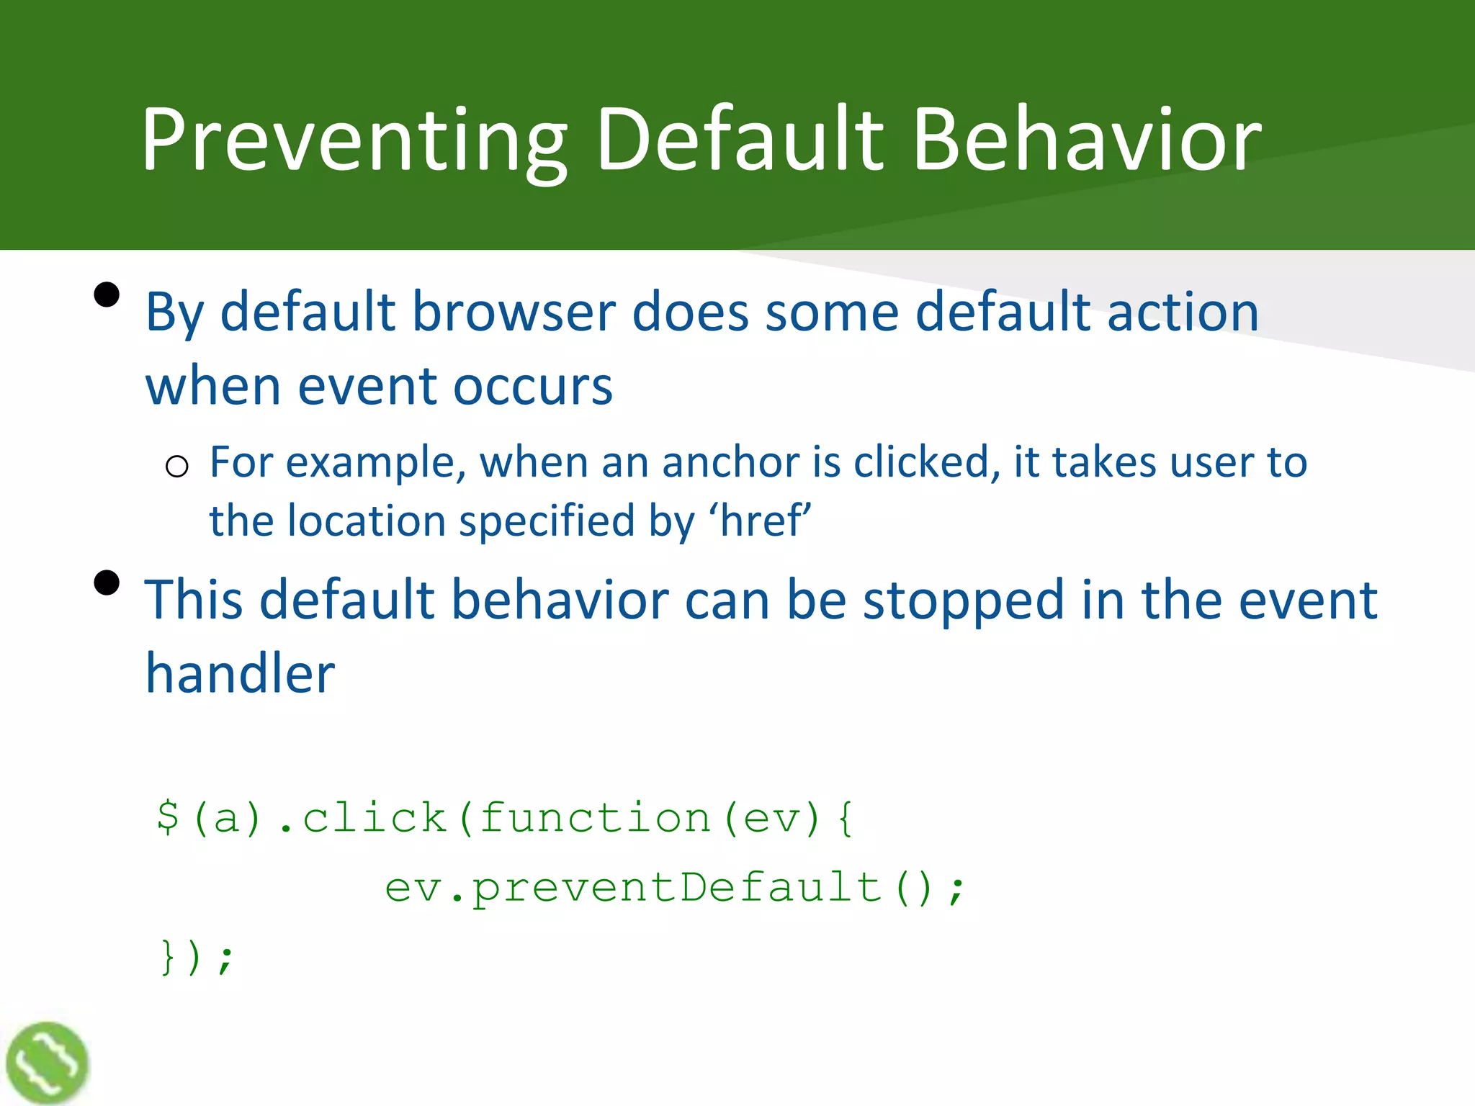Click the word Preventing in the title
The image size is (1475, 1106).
click(353, 140)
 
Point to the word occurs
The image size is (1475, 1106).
click(532, 387)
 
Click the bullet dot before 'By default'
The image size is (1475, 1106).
click(107, 295)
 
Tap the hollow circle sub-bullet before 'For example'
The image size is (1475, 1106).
click(176, 467)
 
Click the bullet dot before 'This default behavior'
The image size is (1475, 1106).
click(107, 583)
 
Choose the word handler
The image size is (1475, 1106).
click(240, 674)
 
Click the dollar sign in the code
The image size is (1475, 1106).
click(168, 818)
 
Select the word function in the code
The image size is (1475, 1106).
click(595, 818)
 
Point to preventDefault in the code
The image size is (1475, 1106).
click(677, 888)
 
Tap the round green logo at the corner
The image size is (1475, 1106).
click(48, 1063)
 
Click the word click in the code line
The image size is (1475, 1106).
click(374, 818)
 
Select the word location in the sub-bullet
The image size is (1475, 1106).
click(367, 521)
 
